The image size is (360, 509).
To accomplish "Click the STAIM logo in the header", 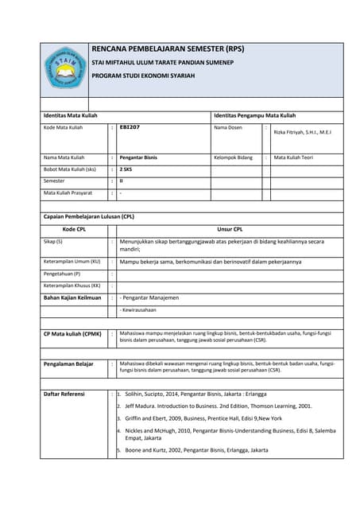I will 64,68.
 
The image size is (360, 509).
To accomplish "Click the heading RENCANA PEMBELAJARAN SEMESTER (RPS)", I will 168,49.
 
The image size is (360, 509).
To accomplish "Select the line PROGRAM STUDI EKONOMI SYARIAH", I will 143,76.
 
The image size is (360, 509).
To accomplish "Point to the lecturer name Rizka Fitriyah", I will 302,132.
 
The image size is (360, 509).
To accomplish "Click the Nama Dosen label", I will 230,127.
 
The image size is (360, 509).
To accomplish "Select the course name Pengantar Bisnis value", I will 138,157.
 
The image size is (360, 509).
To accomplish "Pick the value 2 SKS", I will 126,169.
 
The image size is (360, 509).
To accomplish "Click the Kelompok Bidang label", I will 233,157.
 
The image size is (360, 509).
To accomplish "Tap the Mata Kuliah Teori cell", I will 293,157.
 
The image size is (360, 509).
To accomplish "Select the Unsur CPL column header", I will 230,228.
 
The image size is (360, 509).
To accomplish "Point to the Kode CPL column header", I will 74,228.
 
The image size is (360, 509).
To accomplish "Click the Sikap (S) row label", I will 53,241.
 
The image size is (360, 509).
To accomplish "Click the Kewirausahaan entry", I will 138,309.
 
